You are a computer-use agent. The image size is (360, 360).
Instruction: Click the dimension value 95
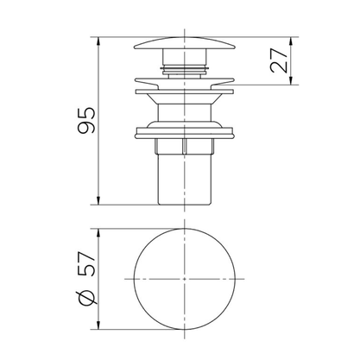(x=86, y=120)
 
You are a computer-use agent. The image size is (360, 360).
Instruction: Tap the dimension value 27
(x=279, y=60)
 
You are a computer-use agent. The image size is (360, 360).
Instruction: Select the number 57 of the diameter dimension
(x=86, y=264)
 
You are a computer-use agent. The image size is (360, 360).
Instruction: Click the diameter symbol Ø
(x=86, y=297)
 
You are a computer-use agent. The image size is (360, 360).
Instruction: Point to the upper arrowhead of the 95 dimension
(x=98, y=41)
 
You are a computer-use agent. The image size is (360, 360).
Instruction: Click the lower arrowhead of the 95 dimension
(x=98, y=200)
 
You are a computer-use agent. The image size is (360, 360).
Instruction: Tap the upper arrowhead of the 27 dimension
(x=291, y=41)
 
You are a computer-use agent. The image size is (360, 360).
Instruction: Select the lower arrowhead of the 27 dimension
(x=291, y=80)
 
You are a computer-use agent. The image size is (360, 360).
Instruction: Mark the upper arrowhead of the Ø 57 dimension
(x=98, y=233)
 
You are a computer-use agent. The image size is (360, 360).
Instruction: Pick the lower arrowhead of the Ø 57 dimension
(x=98, y=325)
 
